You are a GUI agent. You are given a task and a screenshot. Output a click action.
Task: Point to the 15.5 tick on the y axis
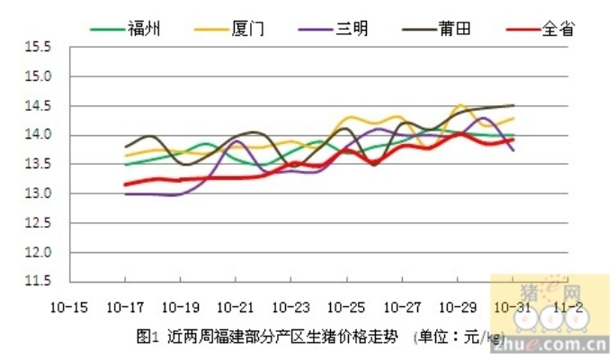[36, 48]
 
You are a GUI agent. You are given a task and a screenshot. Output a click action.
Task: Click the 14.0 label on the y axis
[36, 135]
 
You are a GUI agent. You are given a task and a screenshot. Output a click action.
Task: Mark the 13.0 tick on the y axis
[36, 193]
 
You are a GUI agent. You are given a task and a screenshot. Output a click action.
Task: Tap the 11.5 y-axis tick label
[36, 282]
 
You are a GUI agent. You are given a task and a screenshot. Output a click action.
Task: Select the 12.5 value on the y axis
[36, 223]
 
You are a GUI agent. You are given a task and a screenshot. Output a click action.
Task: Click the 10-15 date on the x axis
[69, 306]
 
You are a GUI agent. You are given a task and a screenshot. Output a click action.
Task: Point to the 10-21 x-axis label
[235, 306]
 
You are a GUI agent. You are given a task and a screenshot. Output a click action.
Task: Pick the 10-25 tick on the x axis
[346, 306]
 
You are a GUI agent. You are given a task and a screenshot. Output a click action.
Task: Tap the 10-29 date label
[457, 306]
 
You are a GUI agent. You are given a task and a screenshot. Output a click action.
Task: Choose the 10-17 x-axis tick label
[124, 306]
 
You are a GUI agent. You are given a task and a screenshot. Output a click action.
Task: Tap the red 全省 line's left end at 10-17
[125, 184]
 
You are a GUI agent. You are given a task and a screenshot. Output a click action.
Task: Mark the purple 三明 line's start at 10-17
[125, 193]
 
